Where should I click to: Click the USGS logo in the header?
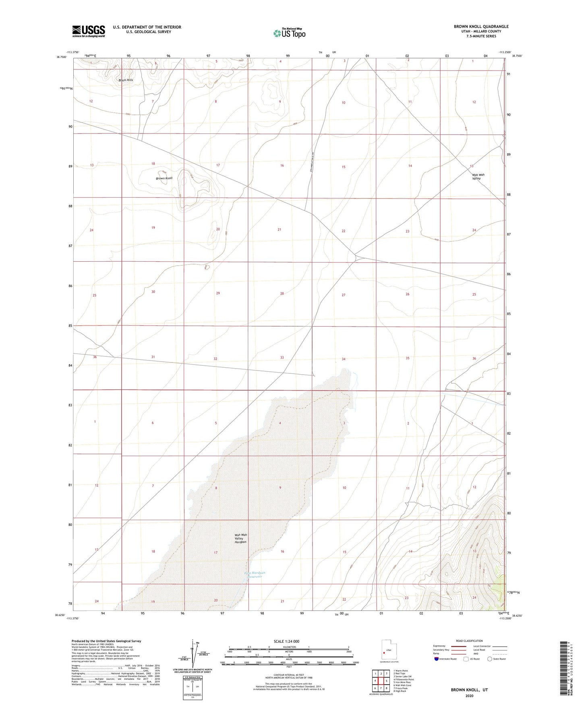pyautogui.click(x=89, y=31)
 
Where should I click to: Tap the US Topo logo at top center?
pyautogui.click(x=289, y=33)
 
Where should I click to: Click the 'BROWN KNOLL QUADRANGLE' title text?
pyautogui.click(x=481, y=27)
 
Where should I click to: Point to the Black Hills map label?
pyautogui.click(x=126, y=80)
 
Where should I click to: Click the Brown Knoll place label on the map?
pyautogui.click(x=164, y=178)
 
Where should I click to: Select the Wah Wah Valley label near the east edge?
pyautogui.click(x=478, y=177)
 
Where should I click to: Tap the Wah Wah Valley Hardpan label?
pyautogui.click(x=241, y=538)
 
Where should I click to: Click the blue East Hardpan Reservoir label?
pyautogui.click(x=255, y=575)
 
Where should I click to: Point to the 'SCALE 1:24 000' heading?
pyautogui.click(x=286, y=642)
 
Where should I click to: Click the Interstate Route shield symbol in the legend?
pyautogui.click(x=437, y=659)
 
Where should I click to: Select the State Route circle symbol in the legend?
pyautogui.click(x=489, y=659)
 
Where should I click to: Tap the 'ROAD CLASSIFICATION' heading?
pyautogui.click(x=470, y=641)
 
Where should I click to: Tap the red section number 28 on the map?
pyautogui.click(x=282, y=294)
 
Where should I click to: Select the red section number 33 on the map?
pyautogui.click(x=282, y=358)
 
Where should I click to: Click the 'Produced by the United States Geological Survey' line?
pyautogui.click(x=106, y=641)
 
